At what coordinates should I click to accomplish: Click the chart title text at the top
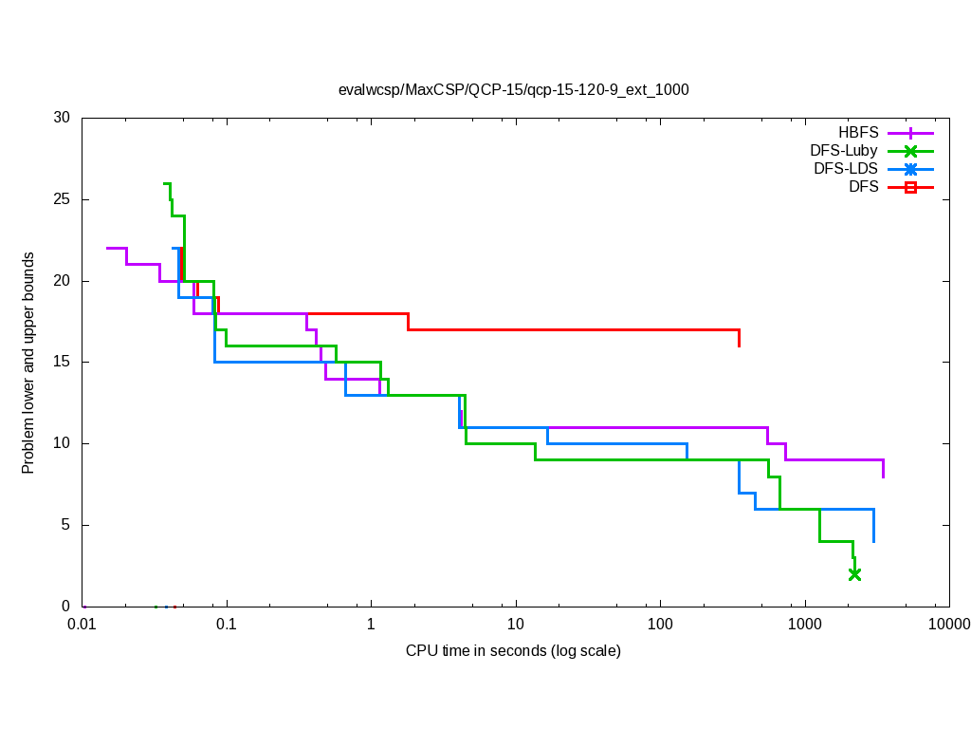[513, 90]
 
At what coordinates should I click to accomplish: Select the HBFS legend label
[858, 133]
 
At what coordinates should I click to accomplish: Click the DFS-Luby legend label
[844, 151]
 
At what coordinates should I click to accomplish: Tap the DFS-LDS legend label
[846, 169]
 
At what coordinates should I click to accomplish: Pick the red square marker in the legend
[910, 187]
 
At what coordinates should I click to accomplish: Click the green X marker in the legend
[910, 151]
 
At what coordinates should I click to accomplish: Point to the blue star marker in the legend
[910, 169]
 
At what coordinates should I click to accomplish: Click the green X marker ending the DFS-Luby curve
[854, 574]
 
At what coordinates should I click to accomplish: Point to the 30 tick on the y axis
[62, 119]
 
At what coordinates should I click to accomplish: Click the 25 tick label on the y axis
[62, 200]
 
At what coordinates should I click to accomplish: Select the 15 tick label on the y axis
[62, 363]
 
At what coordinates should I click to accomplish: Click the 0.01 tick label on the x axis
[82, 625]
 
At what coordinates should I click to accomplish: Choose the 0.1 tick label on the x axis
[227, 625]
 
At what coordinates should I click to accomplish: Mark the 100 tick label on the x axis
[660, 625]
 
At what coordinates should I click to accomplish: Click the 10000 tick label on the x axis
[948, 625]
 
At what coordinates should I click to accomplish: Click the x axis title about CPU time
[513, 651]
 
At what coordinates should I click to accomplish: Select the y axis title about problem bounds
[28, 363]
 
